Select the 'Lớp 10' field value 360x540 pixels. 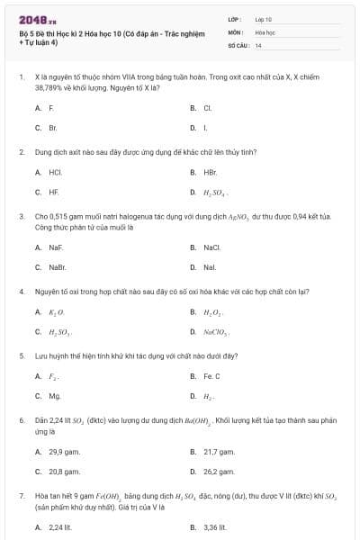pyautogui.click(x=264, y=18)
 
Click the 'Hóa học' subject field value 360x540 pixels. pyautogui.click(x=265, y=31)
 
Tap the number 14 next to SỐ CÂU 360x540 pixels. pyautogui.click(x=258, y=45)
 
